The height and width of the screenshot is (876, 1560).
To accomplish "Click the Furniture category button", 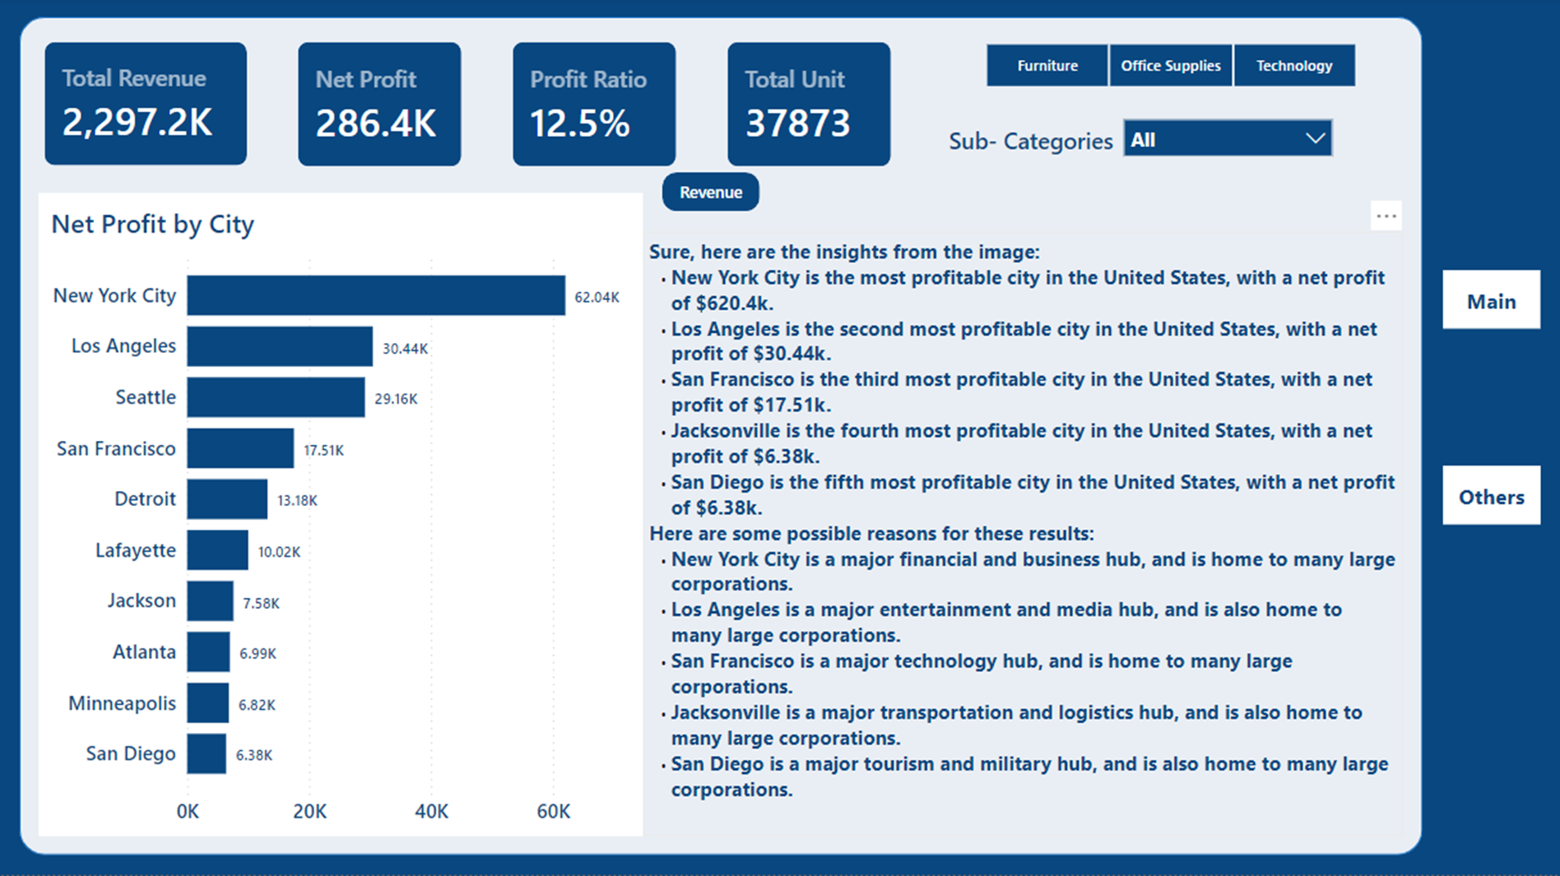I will [1047, 66].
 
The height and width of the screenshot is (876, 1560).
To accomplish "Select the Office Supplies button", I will [1170, 66].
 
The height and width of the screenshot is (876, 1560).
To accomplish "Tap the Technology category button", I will [1293, 66].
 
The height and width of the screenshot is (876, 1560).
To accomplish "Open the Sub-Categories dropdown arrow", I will [1315, 139].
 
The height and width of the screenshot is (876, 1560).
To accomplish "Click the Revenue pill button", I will [711, 192].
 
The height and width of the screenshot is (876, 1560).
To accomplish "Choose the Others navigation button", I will [1491, 497].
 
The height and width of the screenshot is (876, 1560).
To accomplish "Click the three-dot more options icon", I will [1386, 216].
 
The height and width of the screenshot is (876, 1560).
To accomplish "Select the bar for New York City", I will [375, 295].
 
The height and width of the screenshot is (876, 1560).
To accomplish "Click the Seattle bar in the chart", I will [276, 397].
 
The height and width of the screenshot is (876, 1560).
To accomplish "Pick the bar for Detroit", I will [227, 499].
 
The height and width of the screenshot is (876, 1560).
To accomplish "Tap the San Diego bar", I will [207, 753].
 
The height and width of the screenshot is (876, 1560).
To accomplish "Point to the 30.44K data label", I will [405, 349].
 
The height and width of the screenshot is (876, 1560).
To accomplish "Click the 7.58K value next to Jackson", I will [261, 604].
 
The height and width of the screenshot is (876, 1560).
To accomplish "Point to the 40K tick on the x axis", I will [431, 812].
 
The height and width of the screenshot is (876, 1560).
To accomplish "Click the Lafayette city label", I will [135, 550].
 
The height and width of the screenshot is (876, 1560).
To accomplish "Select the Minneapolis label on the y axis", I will [122, 703].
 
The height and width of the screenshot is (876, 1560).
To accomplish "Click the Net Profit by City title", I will [152, 225].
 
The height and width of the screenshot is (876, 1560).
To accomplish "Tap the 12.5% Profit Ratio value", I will [579, 124].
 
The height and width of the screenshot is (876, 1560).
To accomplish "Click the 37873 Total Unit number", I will [797, 124].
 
